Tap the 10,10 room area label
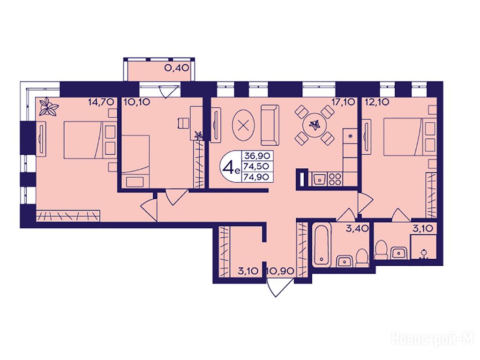137,102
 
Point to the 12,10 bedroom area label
377,102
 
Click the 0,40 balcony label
176,67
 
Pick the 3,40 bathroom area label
358,228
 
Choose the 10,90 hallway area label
280,271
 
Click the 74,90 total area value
256,177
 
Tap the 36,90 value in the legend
256,156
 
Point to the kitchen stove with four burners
335,179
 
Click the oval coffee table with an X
244,125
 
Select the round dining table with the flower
314,125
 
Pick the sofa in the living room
270,125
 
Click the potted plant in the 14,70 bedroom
48,107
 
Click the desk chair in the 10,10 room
183,123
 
